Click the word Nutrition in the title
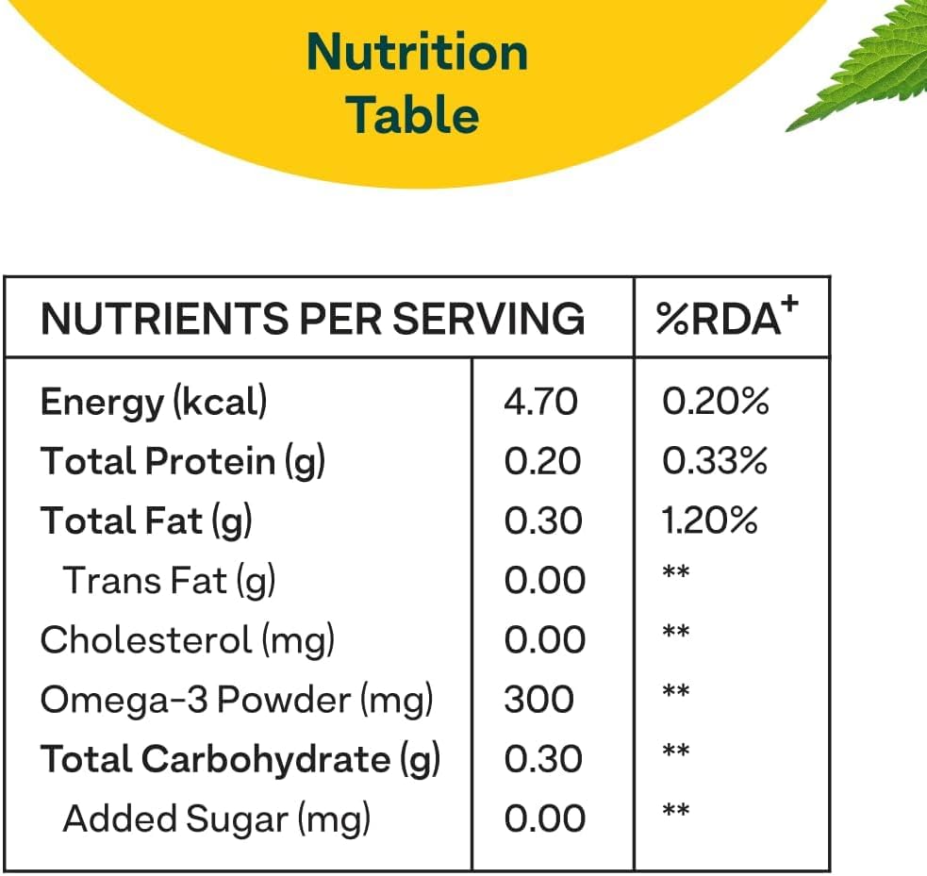click(417, 52)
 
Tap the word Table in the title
click(412, 115)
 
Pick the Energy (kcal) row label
click(154, 403)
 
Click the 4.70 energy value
click(540, 403)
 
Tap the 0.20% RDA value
click(716, 403)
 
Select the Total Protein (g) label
click(182, 462)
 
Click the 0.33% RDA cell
click(715, 462)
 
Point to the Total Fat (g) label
click(146, 521)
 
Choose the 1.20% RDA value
click(710, 521)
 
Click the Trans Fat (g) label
click(169, 581)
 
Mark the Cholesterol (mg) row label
click(188, 640)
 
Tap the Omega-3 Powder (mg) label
click(237, 700)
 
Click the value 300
click(538, 700)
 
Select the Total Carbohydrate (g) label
click(240, 759)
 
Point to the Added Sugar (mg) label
click(216, 818)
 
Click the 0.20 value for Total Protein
click(542, 462)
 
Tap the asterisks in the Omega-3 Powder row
click(675, 692)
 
